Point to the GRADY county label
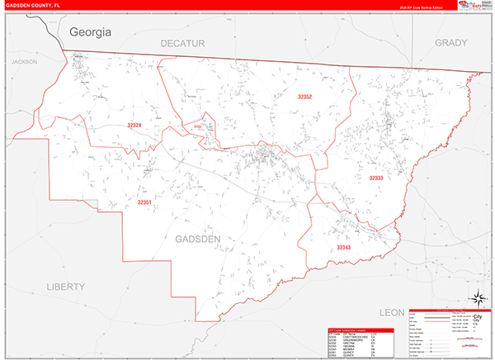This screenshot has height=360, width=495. point(450,42)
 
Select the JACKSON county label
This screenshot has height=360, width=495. point(26,62)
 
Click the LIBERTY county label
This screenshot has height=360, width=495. point(65,287)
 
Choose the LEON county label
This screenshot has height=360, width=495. point(393,312)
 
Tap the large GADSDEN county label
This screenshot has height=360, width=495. point(198,239)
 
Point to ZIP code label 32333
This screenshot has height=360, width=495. point(376,178)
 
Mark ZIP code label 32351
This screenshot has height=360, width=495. point(145,201)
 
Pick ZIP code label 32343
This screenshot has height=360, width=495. point(343,247)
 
